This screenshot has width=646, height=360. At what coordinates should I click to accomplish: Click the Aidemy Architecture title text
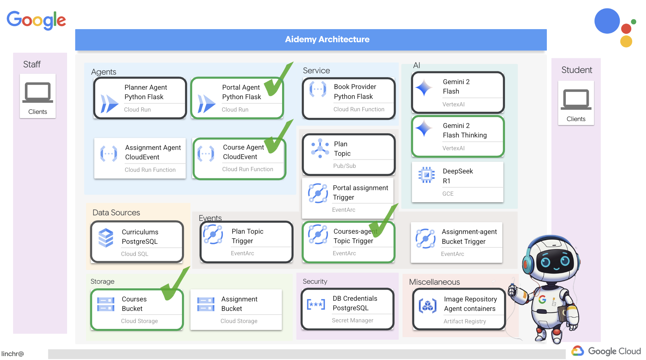coord(327,39)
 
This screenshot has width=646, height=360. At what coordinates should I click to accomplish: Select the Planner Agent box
coord(140,98)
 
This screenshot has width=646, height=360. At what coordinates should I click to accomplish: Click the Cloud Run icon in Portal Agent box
coord(206,104)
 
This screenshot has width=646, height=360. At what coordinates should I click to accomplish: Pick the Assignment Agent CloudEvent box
coord(140,158)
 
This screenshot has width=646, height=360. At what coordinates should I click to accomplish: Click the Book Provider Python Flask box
coord(349,98)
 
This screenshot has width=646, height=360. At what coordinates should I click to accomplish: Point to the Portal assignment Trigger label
coord(360,192)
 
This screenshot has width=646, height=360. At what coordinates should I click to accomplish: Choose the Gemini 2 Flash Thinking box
coord(458,136)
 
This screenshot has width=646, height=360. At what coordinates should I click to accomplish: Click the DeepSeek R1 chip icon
coord(426,175)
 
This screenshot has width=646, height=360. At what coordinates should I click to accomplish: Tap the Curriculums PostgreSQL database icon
coord(106,238)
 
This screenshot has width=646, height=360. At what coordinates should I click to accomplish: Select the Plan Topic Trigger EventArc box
coord(246,242)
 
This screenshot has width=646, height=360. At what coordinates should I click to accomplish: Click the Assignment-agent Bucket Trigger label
coord(469,237)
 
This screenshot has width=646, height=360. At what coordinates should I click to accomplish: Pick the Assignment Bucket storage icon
coord(206,304)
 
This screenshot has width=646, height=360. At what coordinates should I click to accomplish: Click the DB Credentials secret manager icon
coord(316,304)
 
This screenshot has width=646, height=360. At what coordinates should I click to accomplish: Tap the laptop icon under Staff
coord(38,93)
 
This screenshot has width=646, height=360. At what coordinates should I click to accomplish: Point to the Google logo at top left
coord(36,20)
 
